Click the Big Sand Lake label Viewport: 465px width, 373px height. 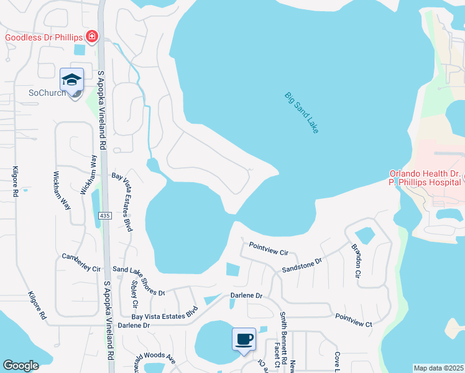click(302, 113)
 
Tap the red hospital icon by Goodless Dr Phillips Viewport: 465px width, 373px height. click(92, 37)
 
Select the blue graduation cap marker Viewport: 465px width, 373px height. click(72, 80)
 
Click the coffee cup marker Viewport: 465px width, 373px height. click(244, 339)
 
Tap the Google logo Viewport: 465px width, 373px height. click(21, 366)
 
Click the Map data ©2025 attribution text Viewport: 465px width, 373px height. click(438, 368)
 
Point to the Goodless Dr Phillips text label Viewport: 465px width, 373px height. click(44, 37)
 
